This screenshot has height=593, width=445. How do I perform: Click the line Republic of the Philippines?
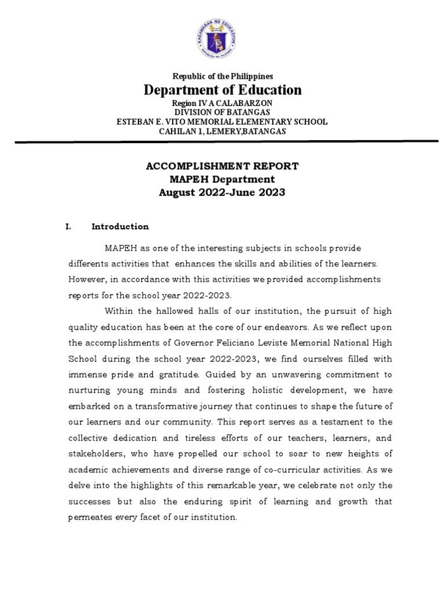coord(222,76)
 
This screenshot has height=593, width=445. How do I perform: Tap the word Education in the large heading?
coord(269,90)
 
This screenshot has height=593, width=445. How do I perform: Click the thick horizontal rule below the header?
coord(222,141)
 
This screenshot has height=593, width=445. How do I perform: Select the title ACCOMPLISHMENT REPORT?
coord(222,166)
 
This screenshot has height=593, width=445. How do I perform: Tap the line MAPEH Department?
coord(222,180)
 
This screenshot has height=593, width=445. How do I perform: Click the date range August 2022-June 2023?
coord(222,193)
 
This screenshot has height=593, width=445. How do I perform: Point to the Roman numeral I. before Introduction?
coord(68,227)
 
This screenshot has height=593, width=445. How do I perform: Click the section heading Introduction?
coord(120,227)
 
